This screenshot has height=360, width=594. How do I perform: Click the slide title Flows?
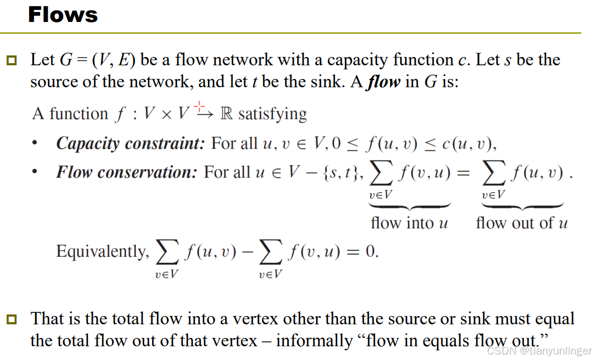coord(63,15)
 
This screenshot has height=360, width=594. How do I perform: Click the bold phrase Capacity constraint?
coord(131,144)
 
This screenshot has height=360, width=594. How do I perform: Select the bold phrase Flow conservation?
coord(126,172)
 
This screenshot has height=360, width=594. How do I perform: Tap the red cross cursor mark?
coord(199,105)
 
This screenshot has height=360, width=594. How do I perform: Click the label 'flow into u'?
coord(410,223)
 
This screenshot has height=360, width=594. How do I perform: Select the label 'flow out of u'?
coord(522,223)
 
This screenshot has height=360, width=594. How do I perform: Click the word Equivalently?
coord(102,252)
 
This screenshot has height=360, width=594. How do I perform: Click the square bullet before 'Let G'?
coord(12,60)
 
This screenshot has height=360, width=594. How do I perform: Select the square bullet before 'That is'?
coord(12,319)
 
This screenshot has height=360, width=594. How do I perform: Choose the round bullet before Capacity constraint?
coord(35,144)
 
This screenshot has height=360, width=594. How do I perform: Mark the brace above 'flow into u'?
coord(410,206)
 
